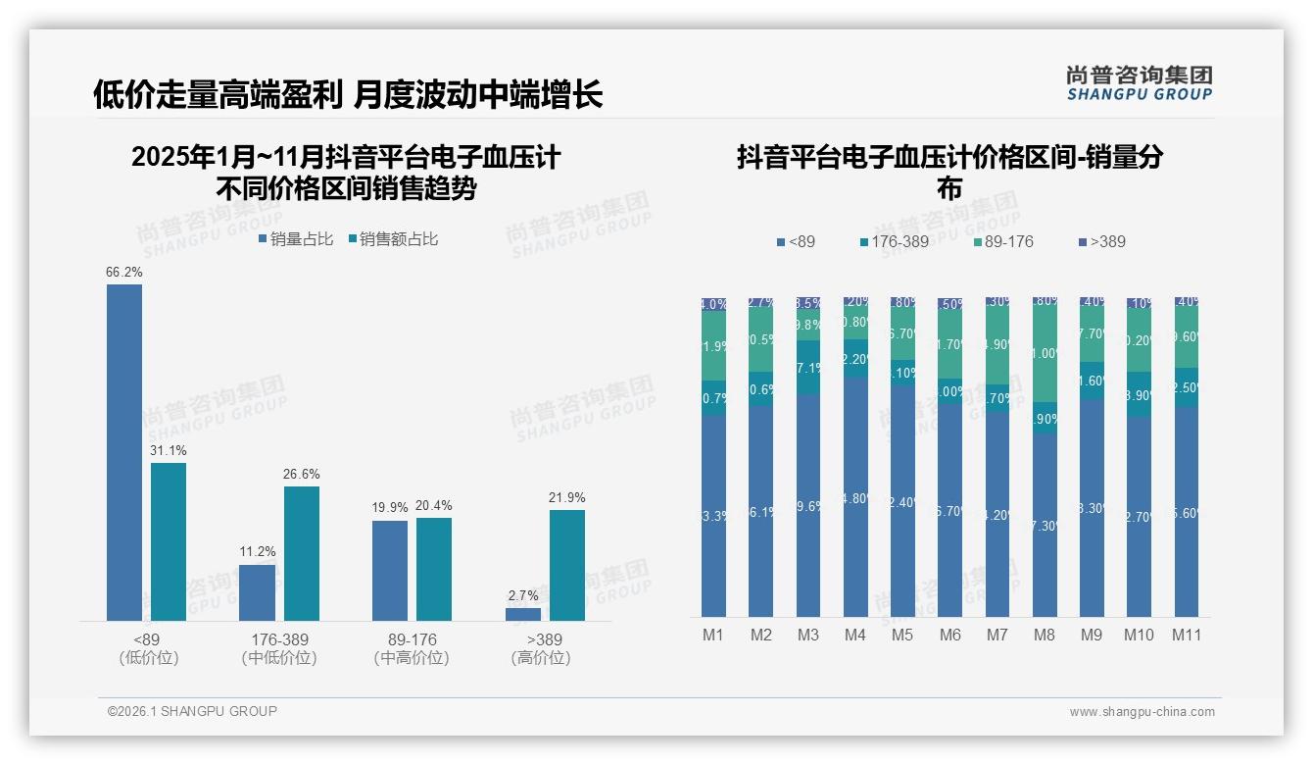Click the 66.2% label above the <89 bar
point(124,272)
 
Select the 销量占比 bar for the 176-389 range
point(258,592)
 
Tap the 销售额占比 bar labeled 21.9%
point(567,565)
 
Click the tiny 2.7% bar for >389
point(523,614)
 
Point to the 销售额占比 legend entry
point(393,238)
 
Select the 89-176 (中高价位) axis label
point(412,648)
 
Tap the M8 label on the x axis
point(1045,635)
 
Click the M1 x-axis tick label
point(713,635)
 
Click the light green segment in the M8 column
point(1045,354)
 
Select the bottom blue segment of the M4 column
point(855,497)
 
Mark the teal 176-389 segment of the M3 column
point(808,368)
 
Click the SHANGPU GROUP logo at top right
point(1140,83)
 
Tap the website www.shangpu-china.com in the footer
point(1142,712)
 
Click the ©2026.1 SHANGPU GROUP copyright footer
point(192,711)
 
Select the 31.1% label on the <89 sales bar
point(169,450)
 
